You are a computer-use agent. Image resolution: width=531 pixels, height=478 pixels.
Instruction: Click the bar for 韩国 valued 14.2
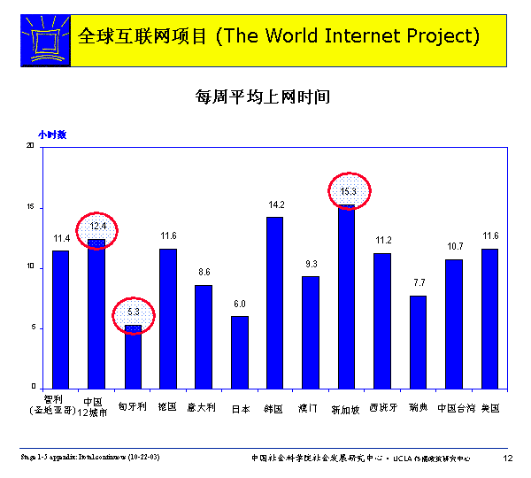274,301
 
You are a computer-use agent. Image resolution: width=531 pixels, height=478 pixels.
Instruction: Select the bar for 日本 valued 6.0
239,351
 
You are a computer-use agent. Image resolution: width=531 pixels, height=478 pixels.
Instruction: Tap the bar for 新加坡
346,297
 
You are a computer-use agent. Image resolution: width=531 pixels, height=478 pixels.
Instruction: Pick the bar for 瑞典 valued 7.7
418,341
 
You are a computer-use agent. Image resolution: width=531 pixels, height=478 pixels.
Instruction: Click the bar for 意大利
204,335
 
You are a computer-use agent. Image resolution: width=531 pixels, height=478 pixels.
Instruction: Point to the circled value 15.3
348,191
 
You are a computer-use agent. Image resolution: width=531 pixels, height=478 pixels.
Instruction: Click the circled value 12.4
97,227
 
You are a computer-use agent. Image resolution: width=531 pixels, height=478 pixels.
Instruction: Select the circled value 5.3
134,312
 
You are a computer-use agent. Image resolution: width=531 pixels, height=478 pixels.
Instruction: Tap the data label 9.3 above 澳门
311,265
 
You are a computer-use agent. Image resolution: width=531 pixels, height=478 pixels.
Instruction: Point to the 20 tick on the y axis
30,146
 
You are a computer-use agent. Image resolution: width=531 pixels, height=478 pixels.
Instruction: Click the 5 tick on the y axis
33,328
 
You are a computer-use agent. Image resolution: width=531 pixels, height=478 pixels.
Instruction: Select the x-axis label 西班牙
383,408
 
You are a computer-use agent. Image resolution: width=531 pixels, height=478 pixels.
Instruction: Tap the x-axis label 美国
490,408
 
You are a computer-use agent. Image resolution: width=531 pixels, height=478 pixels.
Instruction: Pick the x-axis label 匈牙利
133,408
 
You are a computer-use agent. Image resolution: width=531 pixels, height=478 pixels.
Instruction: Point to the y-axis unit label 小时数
52,135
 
